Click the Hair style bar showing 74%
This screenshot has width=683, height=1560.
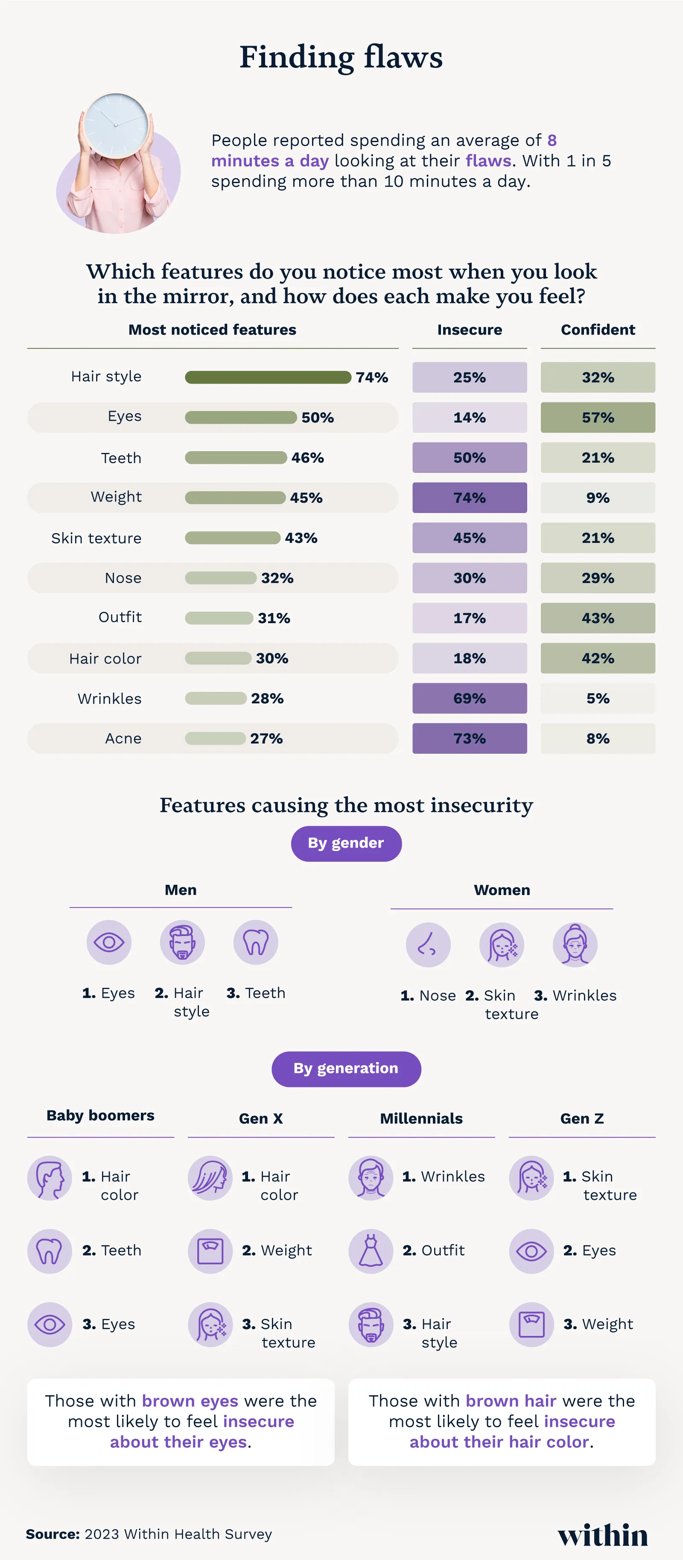(x=268, y=377)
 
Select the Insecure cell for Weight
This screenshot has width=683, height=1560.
(x=469, y=498)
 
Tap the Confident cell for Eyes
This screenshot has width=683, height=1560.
(x=598, y=417)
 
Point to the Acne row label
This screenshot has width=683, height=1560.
(x=123, y=738)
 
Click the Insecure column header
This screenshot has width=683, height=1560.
(x=469, y=329)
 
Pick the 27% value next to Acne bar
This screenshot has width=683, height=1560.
(x=266, y=738)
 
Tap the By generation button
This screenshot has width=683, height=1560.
(x=346, y=1069)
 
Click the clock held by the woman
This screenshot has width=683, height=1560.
(x=116, y=125)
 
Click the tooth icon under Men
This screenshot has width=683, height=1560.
(x=256, y=942)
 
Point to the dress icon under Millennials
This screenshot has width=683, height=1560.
(x=371, y=1251)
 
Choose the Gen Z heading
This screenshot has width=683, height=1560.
(x=581, y=1119)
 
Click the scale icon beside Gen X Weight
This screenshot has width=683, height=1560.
(x=210, y=1251)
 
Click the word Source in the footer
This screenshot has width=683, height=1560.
(x=53, y=1534)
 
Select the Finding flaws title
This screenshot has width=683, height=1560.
(x=341, y=58)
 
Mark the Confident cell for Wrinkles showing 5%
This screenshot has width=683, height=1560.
(x=598, y=698)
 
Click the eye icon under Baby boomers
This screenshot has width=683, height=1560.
(x=50, y=1324)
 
